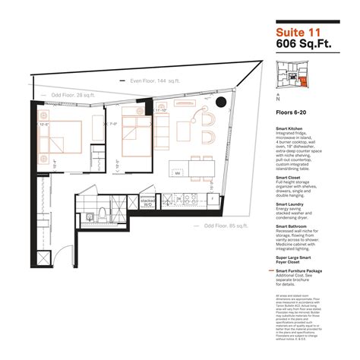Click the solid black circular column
220,103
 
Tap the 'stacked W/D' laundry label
125,203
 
